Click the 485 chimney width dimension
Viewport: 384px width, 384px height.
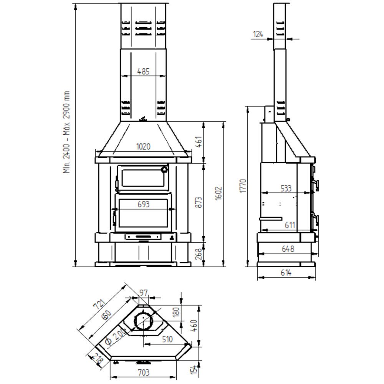[143, 71]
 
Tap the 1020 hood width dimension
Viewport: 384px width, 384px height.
[143, 147]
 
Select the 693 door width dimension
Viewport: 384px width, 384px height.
[144, 204]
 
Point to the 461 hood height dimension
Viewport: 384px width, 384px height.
[199, 142]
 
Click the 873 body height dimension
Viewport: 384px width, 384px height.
[199, 202]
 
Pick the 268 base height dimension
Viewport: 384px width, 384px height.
[199, 254]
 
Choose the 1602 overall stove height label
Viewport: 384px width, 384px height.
[218, 194]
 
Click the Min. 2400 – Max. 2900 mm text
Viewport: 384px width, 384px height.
[66, 132]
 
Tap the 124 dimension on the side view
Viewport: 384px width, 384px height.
[258, 34]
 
